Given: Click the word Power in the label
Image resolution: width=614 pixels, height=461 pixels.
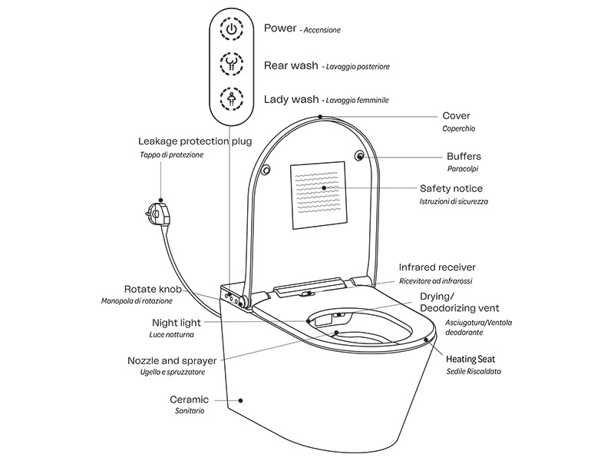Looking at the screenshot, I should pyautogui.click(x=280, y=28).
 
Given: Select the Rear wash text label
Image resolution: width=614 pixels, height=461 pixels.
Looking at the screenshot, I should pyautogui.click(x=290, y=65).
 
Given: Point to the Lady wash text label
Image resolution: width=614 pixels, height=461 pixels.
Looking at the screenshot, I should pyautogui.click(x=291, y=99).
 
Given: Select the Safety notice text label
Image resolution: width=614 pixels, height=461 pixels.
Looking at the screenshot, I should pyautogui.click(x=451, y=188).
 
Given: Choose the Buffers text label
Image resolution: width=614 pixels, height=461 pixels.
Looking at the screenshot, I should pyautogui.click(x=464, y=156).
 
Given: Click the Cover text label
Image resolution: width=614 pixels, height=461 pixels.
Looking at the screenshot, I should pyautogui.click(x=456, y=116).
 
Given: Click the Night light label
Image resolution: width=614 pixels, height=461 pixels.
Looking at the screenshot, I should pyautogui.click(x=177, y=323).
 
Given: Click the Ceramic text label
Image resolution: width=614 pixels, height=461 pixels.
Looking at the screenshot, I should pyautogui.click(x=190, y=400).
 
